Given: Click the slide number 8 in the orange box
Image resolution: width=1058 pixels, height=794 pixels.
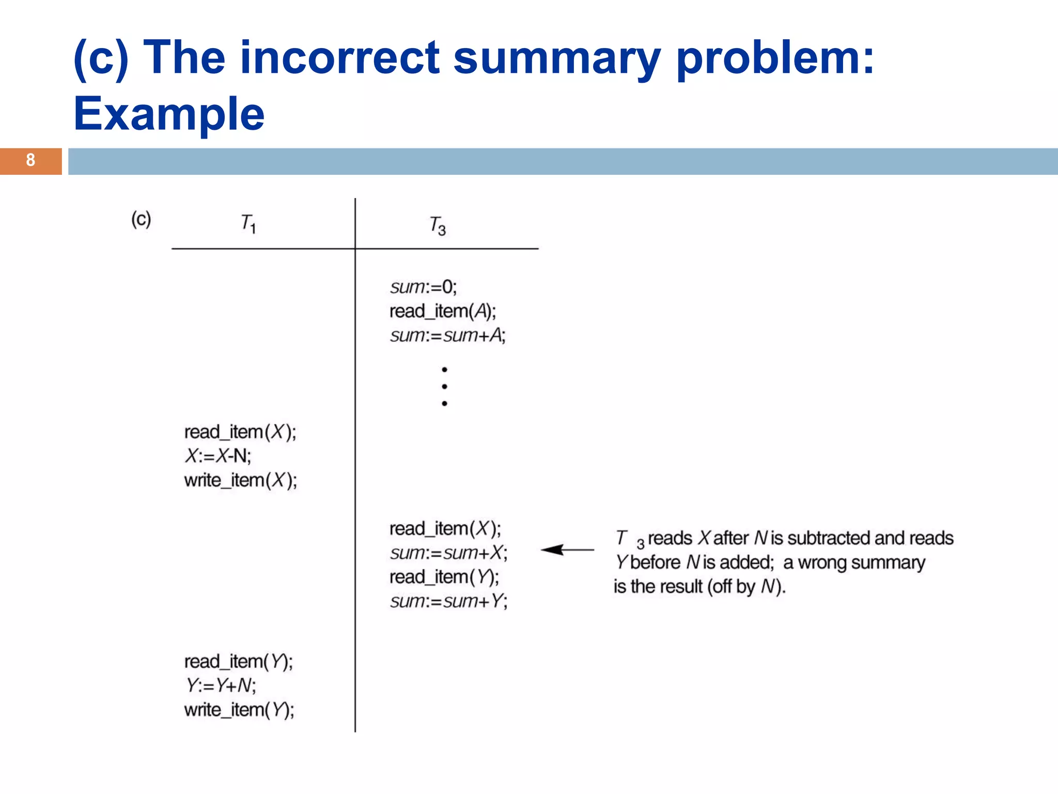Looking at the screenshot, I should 30,160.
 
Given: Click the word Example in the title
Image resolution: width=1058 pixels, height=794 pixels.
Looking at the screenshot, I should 169,114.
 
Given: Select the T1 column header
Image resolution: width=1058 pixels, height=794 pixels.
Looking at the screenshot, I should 248,223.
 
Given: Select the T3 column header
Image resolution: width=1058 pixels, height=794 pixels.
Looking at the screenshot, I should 437,226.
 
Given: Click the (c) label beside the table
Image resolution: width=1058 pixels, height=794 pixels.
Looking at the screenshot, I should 141,219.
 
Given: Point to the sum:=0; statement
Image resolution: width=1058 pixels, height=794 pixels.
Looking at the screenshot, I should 423,286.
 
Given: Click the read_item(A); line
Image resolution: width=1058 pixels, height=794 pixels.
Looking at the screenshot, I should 442,311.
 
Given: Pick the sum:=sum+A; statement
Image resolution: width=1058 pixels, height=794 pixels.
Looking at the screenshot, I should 447,335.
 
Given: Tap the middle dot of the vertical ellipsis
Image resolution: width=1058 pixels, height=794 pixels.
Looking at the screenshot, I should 444,387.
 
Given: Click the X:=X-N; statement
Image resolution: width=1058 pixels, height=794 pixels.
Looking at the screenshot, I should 218,456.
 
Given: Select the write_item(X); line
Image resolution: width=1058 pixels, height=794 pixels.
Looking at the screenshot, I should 240,480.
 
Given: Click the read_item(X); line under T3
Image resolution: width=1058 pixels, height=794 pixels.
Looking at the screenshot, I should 445,529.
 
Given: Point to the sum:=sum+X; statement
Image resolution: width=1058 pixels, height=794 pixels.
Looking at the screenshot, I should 448,553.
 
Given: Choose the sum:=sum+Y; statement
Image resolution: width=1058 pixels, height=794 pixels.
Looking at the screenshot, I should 448,601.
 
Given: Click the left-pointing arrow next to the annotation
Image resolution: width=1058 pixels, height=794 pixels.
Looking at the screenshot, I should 567,550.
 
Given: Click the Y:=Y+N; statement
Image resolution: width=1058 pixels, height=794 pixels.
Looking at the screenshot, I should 221,685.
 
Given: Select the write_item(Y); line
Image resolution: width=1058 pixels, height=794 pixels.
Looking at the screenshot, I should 239,710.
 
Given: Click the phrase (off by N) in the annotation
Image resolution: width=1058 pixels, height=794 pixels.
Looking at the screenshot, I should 746,587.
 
